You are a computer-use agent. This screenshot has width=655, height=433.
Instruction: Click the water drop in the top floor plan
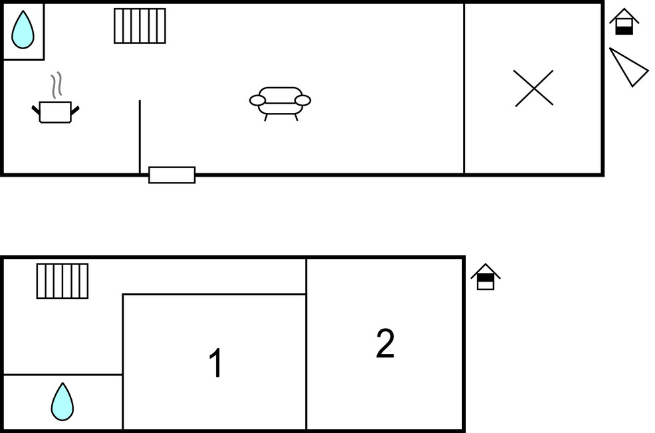click(23, 30)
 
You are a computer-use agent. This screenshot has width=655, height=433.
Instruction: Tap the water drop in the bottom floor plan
click(63, 402)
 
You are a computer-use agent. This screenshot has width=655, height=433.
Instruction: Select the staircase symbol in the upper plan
click(140, 26)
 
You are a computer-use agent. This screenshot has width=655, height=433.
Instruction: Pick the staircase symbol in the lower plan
click(63, 281)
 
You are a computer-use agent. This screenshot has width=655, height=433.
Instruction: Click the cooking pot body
click(55, 112)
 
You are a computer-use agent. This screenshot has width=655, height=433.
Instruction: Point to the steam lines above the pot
click(57, 86)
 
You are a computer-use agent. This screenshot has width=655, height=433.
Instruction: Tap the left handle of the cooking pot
click(36, 110)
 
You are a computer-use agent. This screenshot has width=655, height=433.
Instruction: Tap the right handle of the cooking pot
click(74, 110)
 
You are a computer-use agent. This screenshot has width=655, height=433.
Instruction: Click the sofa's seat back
click(281, 95)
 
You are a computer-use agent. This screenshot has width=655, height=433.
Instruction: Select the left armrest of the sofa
click(257, 100)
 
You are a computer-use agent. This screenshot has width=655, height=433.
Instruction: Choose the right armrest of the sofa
click(303, 100)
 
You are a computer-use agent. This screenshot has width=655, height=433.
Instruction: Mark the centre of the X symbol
click(534, 88)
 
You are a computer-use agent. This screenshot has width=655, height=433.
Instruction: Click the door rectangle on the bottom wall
click(172, 175)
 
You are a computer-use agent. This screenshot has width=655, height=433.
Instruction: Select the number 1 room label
click(215, 363)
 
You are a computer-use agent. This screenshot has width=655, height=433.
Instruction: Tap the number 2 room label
click(385, 343)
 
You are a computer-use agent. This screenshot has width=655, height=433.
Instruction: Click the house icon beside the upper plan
click(624, 22)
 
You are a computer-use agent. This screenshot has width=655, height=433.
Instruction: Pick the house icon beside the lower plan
click(485, 276)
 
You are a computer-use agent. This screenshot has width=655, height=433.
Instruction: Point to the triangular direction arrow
click(628, 67)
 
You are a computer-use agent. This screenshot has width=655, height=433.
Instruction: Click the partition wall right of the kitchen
click(140, 136)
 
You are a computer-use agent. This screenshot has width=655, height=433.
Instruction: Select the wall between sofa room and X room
click(463, 88)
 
